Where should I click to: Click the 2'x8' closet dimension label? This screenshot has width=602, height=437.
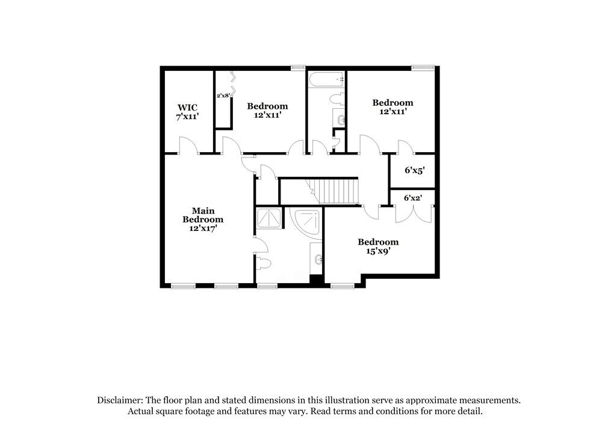coord(223,95)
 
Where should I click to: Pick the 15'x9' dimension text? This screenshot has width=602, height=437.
coord(378,252)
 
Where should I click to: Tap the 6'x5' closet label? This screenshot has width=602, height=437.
coord(414,171)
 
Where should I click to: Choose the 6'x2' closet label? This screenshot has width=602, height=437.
coord(413,197)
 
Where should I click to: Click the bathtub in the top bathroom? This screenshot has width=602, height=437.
coord(326,79)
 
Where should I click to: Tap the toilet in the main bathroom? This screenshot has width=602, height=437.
coord(264,263)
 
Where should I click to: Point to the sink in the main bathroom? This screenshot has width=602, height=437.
coord(317,260)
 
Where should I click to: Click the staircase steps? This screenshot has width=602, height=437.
coord(338,191)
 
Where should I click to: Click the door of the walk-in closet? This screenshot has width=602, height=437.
coord(188,145)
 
